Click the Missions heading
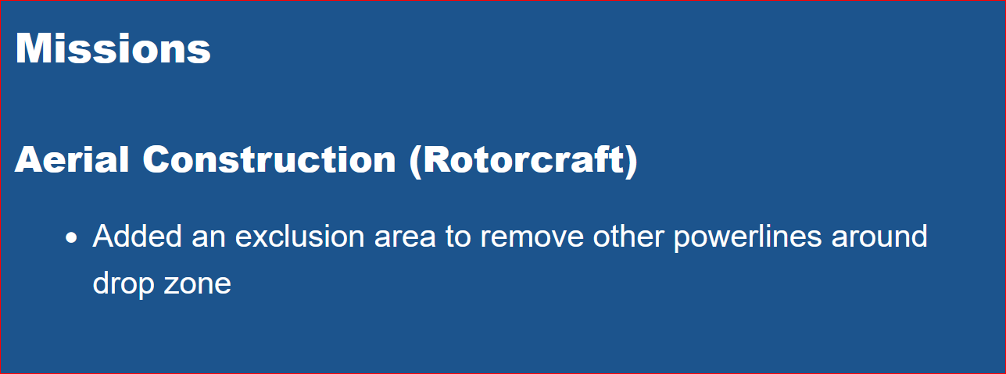(x=113, y=48)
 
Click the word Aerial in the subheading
(x=72, y=159)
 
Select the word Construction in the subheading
(x=270, y=159)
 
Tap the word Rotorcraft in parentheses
(x=523, y=159)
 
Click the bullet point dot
(x=71, y=237)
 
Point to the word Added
(x=137, y=236)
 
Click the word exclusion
(x=299, y=236)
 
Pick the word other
(x=628, y=236)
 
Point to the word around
(x=879, y=236)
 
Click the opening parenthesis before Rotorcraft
(x=416, y=162)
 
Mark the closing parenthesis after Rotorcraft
(x=631, y=162)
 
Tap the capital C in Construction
(x=157, y=159)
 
